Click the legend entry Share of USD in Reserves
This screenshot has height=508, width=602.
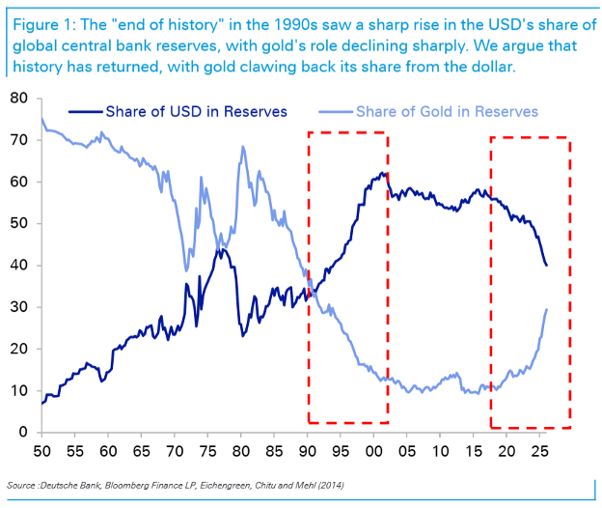(x=178, y=111)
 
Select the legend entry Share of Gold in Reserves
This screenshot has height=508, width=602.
(x=428, y=111)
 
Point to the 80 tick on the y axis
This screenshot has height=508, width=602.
(x=19, y=98)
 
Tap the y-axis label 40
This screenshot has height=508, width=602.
(x=19, y=265)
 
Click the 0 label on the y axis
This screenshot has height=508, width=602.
(x=23, y=432)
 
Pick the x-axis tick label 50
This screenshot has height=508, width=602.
(x=41, y=451)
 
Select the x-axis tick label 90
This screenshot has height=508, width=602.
(x=308, y=451)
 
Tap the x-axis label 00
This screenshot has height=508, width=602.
(x=374, y=451)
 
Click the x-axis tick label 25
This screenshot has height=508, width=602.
(x=540, y=451)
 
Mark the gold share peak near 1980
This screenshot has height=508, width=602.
(x=243, y=147)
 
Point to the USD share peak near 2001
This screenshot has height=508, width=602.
(x=382, y=173)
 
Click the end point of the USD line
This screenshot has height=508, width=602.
(x=546, y=266)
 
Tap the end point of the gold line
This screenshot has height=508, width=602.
(x=546, y=309)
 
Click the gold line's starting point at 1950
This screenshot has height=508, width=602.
(x=41, y=119)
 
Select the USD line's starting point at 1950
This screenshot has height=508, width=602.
(x=41, y=404)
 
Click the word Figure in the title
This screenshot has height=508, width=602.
(x=36, y=25)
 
